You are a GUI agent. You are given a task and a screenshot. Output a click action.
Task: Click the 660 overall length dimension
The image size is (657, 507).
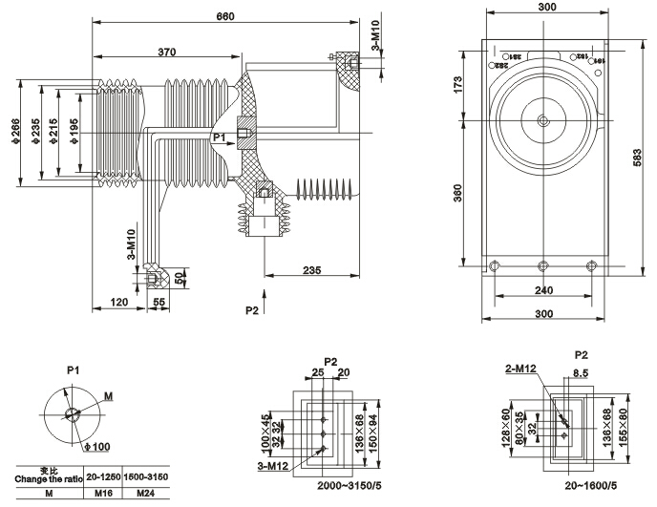226,16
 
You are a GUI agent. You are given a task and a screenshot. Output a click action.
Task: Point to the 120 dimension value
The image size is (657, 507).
118,302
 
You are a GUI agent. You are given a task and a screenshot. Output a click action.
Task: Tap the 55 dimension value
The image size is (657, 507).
159,302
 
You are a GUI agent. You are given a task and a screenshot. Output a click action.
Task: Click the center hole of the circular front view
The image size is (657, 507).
542,120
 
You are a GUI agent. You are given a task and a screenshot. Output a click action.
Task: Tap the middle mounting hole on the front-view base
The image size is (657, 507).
542,265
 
